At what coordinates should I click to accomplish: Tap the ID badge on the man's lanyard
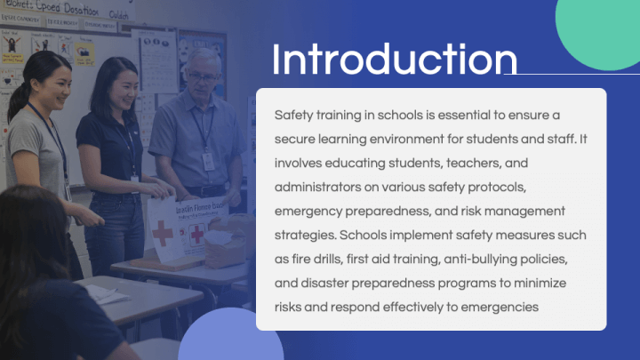[x=208, y=161]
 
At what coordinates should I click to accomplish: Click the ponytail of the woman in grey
[x=15, y=99]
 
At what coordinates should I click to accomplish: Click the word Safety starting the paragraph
[x=293, y=116]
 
